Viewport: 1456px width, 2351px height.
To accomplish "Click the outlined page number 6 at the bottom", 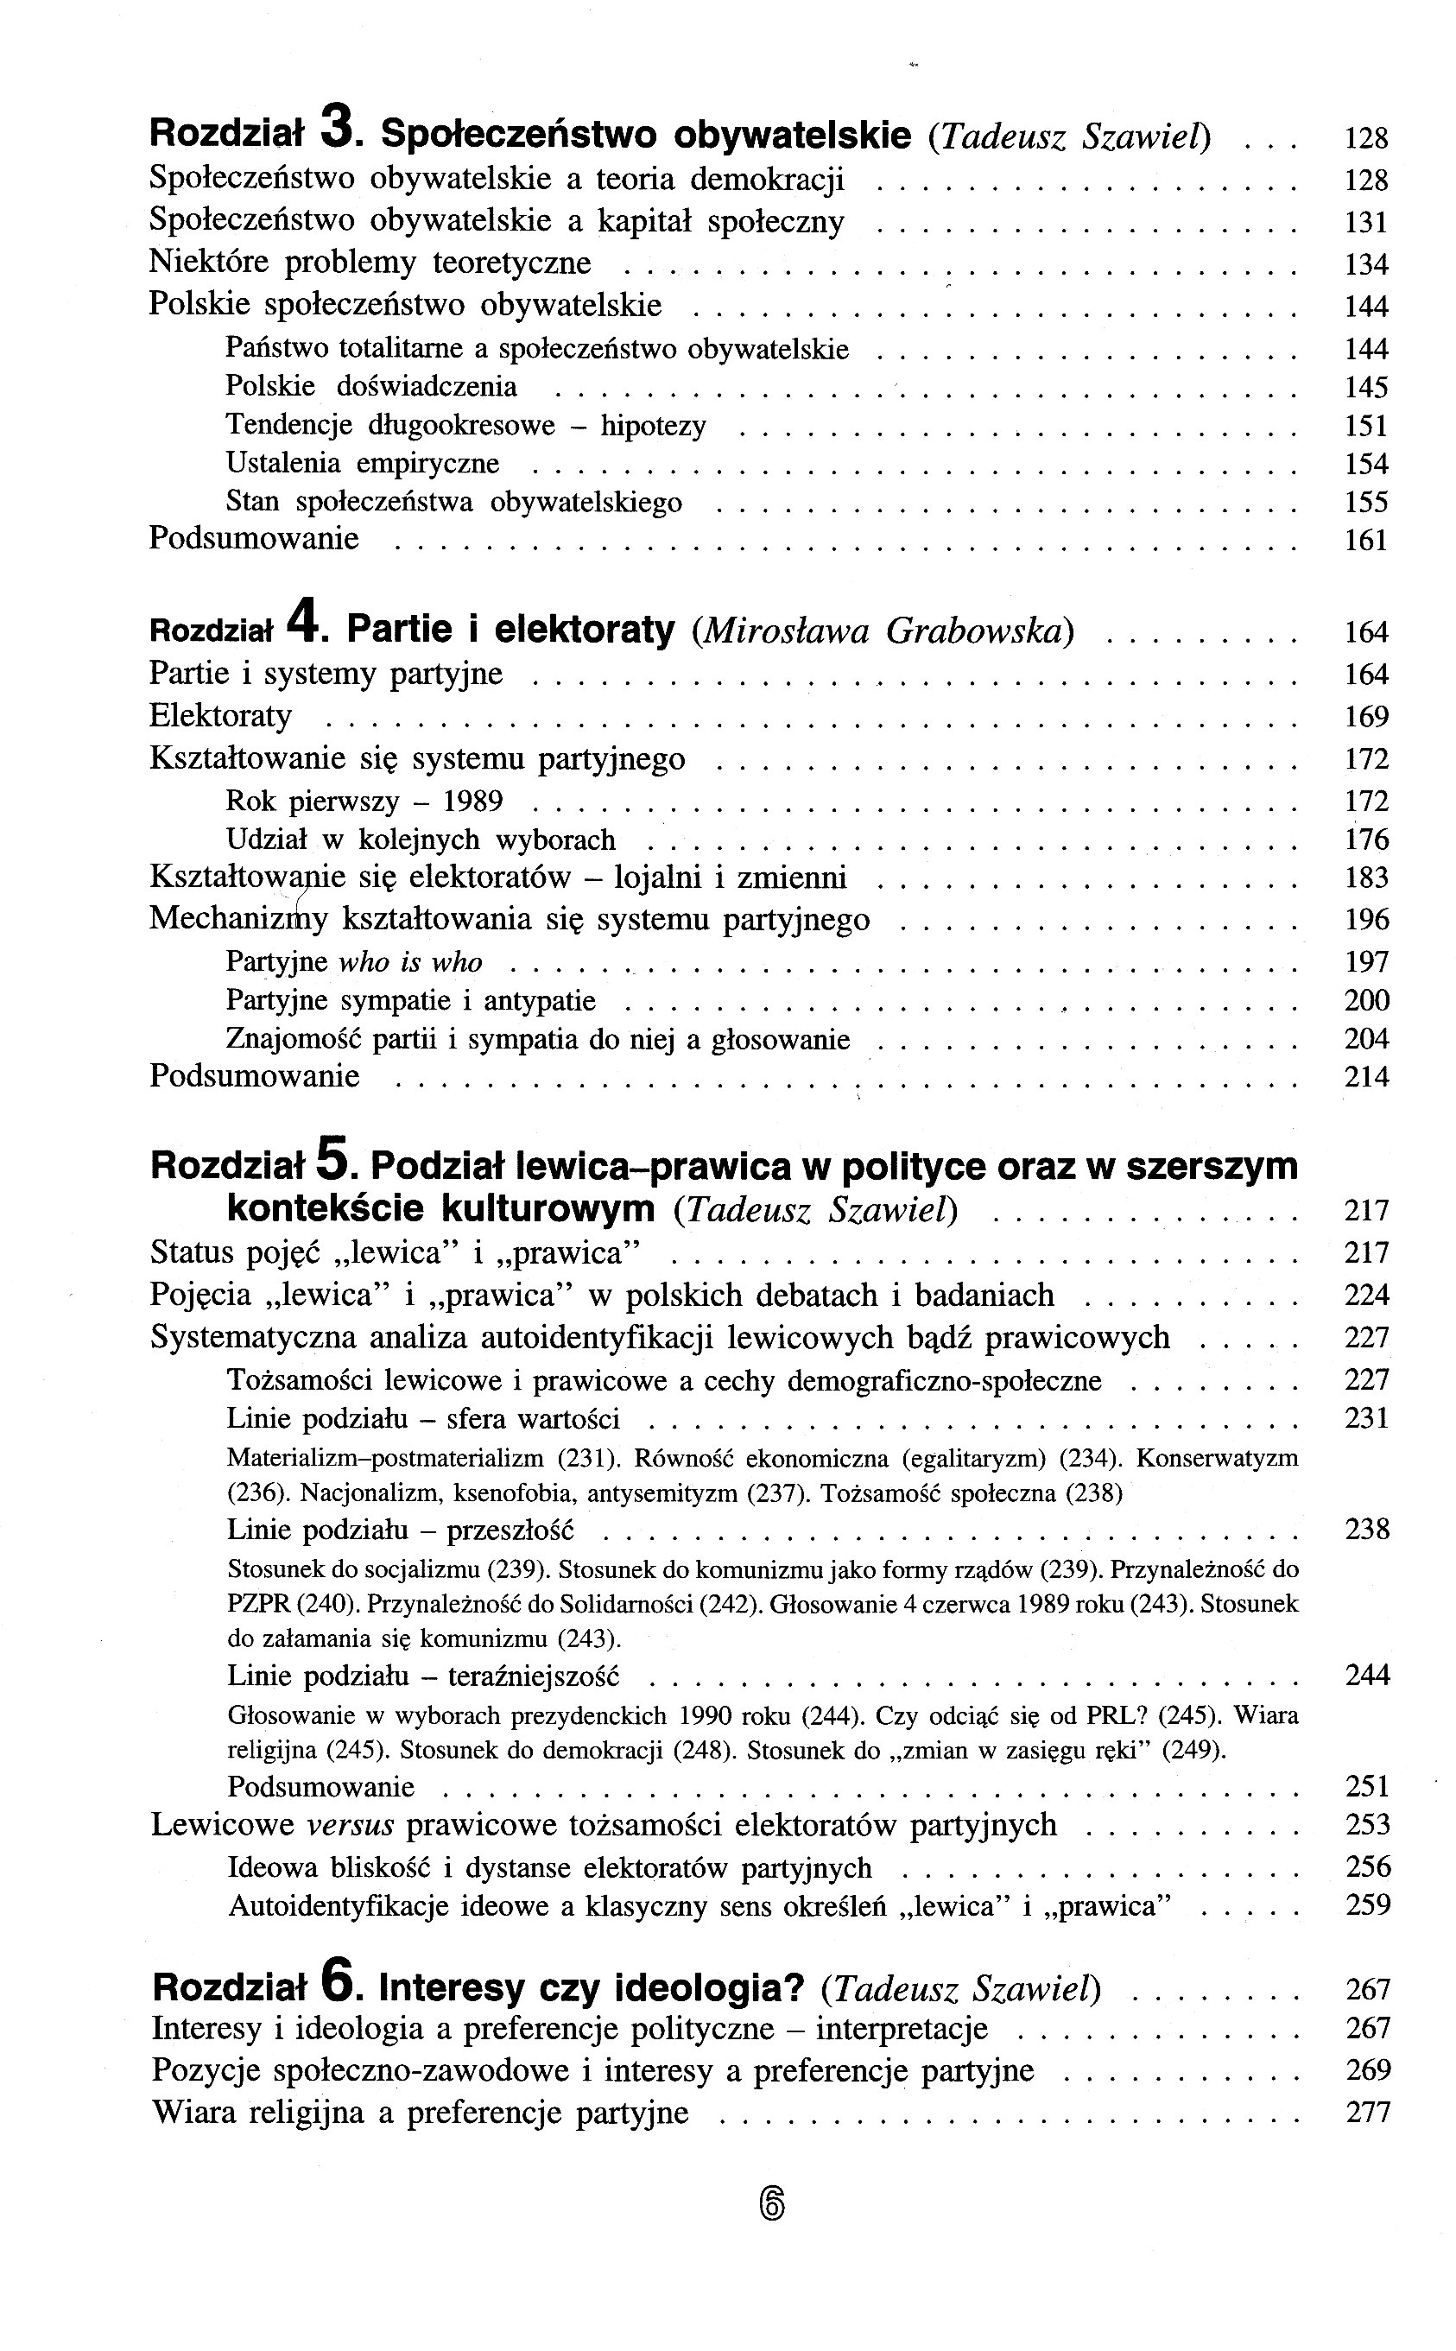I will [772, 2203].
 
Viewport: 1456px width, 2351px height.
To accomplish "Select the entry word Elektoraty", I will [220, 716].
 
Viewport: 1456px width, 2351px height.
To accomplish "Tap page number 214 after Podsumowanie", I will [1366, 1077].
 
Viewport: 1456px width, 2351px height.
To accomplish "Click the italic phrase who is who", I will [410, 962].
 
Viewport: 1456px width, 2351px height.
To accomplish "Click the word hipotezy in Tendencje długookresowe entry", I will [653, 426].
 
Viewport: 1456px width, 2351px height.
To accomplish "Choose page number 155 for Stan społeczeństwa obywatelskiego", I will [1366, 503].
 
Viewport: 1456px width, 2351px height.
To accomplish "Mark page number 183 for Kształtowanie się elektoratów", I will [1366, 878].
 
